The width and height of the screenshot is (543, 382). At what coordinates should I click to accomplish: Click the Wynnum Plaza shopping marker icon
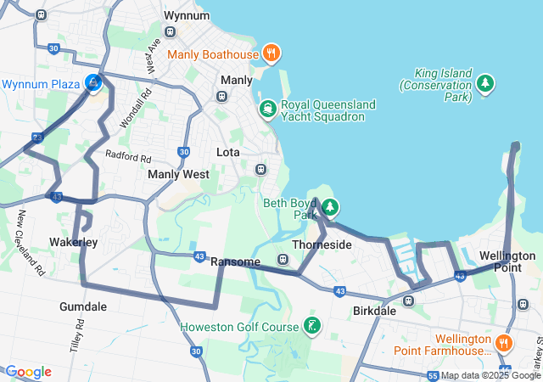click(x=93, y=83)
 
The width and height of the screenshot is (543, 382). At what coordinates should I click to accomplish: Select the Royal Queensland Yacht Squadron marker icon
click(x=268, y=109)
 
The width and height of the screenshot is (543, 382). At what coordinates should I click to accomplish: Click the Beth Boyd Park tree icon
click(x=330, y=207)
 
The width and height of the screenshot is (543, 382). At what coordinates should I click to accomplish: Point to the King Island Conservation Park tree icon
click(x=484, y=83)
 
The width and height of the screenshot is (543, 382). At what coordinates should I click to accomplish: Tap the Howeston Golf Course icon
click(x=313, y=326)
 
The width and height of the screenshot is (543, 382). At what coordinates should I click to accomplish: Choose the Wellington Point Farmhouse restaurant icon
click(x=503, y=344)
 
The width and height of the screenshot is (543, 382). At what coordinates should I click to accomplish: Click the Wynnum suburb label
click(x=186, y=16)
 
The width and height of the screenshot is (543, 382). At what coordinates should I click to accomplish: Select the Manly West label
click(x=178, y=174)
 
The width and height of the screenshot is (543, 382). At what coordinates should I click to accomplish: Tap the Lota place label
click(x=228, y=152)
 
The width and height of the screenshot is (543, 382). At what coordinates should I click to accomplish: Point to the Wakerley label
click(x=74, y=243)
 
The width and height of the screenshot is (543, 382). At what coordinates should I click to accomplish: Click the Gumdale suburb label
click(x=83, y=306)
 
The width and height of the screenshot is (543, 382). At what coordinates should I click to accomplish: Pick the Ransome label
click(x=235, y=261)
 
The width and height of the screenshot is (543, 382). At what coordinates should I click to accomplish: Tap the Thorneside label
click(x=322, y=244)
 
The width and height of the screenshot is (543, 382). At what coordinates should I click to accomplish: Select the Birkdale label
click(x=374, y=311)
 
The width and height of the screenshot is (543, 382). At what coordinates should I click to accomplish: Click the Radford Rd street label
click(x=127, y=156)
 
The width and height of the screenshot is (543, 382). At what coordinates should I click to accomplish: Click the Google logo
click(x=28, y=372)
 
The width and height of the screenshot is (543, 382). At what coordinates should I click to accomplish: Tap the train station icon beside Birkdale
click(x=408, y=300)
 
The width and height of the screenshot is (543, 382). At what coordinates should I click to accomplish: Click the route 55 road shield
click(x=433, y=375)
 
